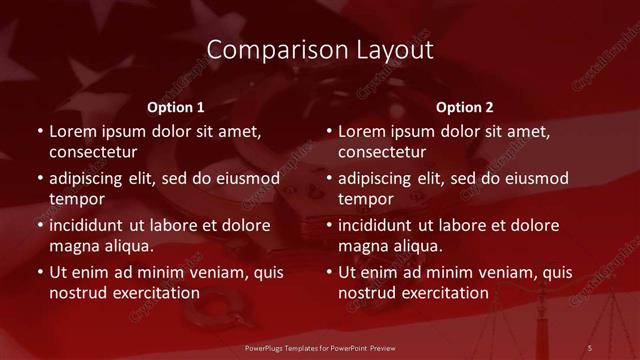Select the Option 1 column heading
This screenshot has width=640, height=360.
tap(176, 107)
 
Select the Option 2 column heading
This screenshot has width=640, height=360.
tap(465, 107)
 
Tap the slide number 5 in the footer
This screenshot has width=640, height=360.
tap(590, 347)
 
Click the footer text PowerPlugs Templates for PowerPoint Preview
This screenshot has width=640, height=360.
tap(319, 347)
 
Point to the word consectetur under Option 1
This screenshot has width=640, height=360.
tap(93, 153)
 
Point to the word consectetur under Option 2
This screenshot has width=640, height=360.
tap(382, 153)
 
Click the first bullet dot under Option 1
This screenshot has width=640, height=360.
tap(40, 131)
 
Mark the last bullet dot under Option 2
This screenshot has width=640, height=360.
tap(329, 272)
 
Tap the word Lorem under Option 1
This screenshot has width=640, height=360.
tap(73, 131)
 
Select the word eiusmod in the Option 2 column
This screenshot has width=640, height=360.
tap(536, 179)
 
